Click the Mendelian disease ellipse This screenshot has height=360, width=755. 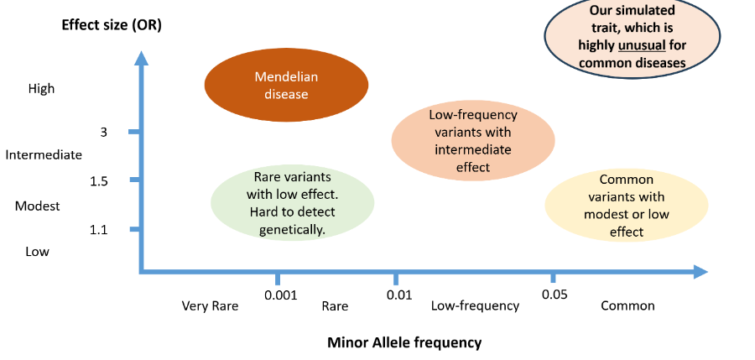286,85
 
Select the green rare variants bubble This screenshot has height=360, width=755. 292,202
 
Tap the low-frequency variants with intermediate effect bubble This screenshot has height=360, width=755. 473,141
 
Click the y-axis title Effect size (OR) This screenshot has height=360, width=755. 112,24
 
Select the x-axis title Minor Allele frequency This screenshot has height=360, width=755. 404,342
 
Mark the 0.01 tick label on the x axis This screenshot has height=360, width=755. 398,295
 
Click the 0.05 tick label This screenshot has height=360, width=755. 555,295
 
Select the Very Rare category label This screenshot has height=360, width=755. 210,305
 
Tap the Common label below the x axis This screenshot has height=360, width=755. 627,305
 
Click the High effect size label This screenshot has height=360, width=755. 41,88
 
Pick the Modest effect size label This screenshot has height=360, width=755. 38,206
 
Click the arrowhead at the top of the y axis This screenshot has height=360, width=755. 142,58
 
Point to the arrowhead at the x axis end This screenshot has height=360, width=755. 700,271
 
